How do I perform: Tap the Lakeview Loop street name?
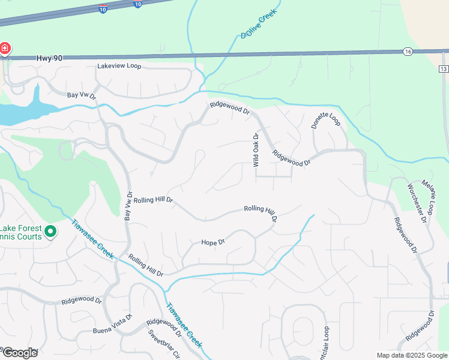tap(119, 65)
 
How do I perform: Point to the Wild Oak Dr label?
tap(256, 150)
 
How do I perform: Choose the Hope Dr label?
tap(212, 242)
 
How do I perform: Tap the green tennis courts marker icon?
tap(50, 230)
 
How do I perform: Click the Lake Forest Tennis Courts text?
tap(21, 232)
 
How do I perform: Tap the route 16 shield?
tap(408, 52)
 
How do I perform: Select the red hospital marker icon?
tap(4, 48)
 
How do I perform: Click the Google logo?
tap(19, 352)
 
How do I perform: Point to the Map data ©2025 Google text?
tap(411, 355)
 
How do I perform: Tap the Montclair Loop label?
tap(326, 341)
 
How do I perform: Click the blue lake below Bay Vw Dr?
tap(24, 110)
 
